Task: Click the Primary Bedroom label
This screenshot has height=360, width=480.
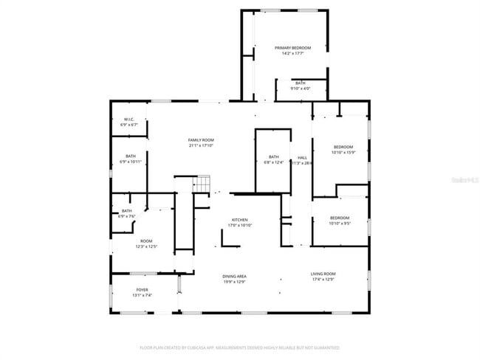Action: point(292,48)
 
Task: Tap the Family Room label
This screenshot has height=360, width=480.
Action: point(200,140)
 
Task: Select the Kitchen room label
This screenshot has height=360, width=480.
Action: point(239,220)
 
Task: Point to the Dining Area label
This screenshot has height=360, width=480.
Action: point(234,277)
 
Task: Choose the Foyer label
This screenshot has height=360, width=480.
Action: point(142,290)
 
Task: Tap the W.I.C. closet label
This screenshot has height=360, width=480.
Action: point(128,120)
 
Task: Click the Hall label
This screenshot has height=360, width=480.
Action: point(302,157)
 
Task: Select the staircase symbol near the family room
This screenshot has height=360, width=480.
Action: point(202,184)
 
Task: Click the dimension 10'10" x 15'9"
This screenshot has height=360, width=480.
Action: point(343,153)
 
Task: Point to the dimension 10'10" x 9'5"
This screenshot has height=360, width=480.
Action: point(340,224)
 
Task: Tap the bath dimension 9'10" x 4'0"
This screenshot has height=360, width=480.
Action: point(301,89)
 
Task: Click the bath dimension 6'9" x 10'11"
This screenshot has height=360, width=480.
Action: point(130,162)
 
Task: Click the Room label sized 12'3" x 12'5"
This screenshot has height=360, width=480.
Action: point(146,241)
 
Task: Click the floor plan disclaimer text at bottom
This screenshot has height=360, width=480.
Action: point(239,347)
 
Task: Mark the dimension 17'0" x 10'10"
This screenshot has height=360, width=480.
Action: point(239,225)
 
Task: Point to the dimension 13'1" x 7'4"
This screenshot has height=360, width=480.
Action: point(142,295)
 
